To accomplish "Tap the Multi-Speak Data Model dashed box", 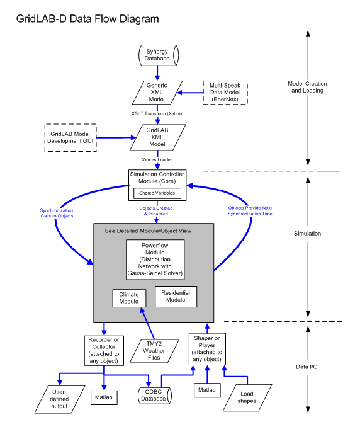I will pyautogui.click(x=225, y=93).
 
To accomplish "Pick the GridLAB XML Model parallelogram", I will pyautogui.click(x=157, y=137).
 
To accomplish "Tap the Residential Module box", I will pyautogui.click(x=176, y=296).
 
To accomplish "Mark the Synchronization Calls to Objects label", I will pyautogui.click(x=57, y=213).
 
